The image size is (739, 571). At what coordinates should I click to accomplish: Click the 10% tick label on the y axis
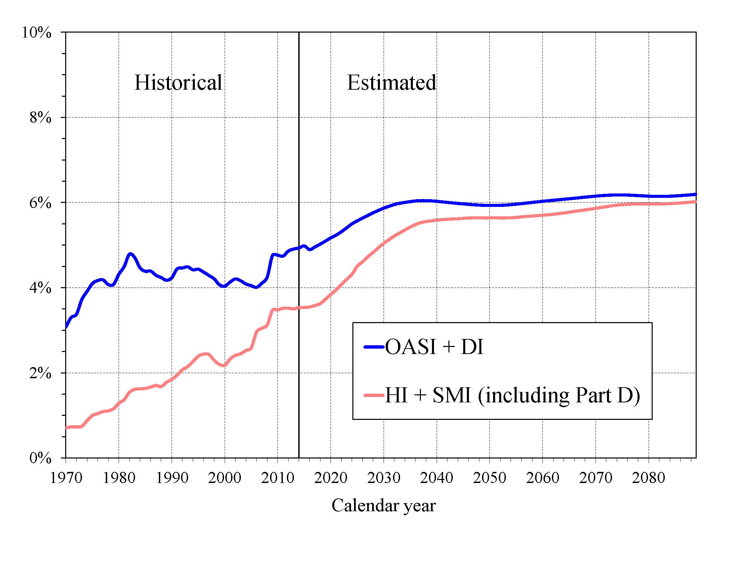pyautogui.click(x=37, y=33)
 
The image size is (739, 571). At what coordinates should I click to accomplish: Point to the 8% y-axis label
pyautogui.click(x=40, y=118)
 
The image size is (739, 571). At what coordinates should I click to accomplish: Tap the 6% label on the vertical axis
pyautogui.click(x=40, y=203)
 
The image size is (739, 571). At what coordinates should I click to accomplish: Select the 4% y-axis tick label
pyautogui.click(x=40, y=288)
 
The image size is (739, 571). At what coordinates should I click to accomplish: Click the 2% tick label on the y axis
pyautogui.click(x=40, y=373)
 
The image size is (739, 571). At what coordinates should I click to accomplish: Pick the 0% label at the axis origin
pyautogui.click(x=40, y=458)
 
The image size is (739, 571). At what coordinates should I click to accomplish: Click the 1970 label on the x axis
pyautogui.click(x=66, y=478)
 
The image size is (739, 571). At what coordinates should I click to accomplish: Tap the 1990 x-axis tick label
pyautogui.click(x=172, y=478)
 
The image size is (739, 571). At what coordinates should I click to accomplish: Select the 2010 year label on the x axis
pyautogui.click(x=278, y=478)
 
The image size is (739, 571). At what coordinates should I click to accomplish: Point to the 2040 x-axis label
pyautogui.click(x=436, y=478)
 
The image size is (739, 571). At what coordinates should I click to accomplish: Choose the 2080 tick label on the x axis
pyautogui.click(x=648, y=478)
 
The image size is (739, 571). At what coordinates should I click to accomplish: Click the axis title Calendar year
pyautogui.click(x=383, y=506)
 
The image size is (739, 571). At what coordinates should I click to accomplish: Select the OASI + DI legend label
pyautogui.click(x=434, y=347)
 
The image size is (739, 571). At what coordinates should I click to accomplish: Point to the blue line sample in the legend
pyautogui.click(x=374, y=347)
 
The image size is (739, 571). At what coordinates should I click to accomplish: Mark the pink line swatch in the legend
pyautogui.click(x=374, y=395)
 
